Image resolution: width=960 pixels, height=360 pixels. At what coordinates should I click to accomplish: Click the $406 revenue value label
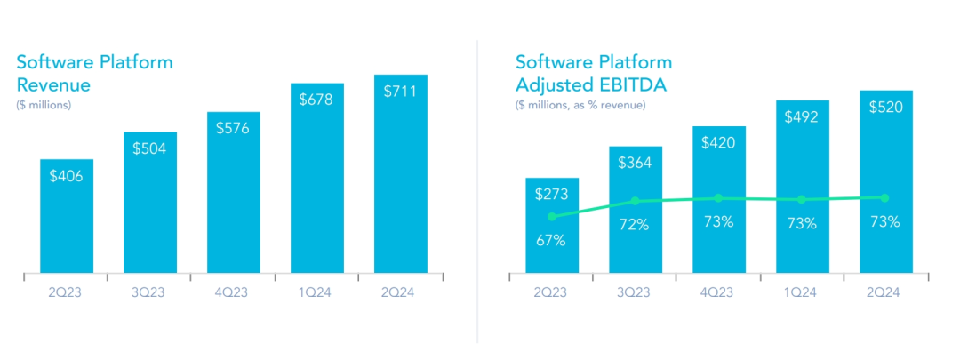click(67, 176)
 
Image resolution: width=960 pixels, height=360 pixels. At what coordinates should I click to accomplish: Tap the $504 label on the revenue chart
click(150, 148)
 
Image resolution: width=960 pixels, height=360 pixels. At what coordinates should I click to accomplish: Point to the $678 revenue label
click(317, 100)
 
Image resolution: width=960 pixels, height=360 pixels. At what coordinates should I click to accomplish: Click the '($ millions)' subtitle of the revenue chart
click(44, 105)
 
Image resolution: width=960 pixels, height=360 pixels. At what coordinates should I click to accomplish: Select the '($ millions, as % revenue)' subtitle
click(580, 105)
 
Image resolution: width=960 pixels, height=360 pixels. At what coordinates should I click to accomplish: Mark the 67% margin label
click(552, 240)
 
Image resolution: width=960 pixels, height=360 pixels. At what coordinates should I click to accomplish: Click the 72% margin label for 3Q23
click(635, 225)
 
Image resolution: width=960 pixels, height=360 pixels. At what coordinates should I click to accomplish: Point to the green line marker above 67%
click(552, 216)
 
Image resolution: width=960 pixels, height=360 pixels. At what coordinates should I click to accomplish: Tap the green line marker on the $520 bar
click(885, 197)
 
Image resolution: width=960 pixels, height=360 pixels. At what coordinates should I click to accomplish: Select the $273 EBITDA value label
click(552, 194)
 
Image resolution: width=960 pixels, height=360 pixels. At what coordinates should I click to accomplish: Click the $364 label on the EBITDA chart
click(635, 164)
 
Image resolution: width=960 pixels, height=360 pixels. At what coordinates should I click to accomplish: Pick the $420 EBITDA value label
click(718, 142)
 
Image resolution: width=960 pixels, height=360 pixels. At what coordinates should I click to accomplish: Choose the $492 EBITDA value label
click(802, 116)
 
